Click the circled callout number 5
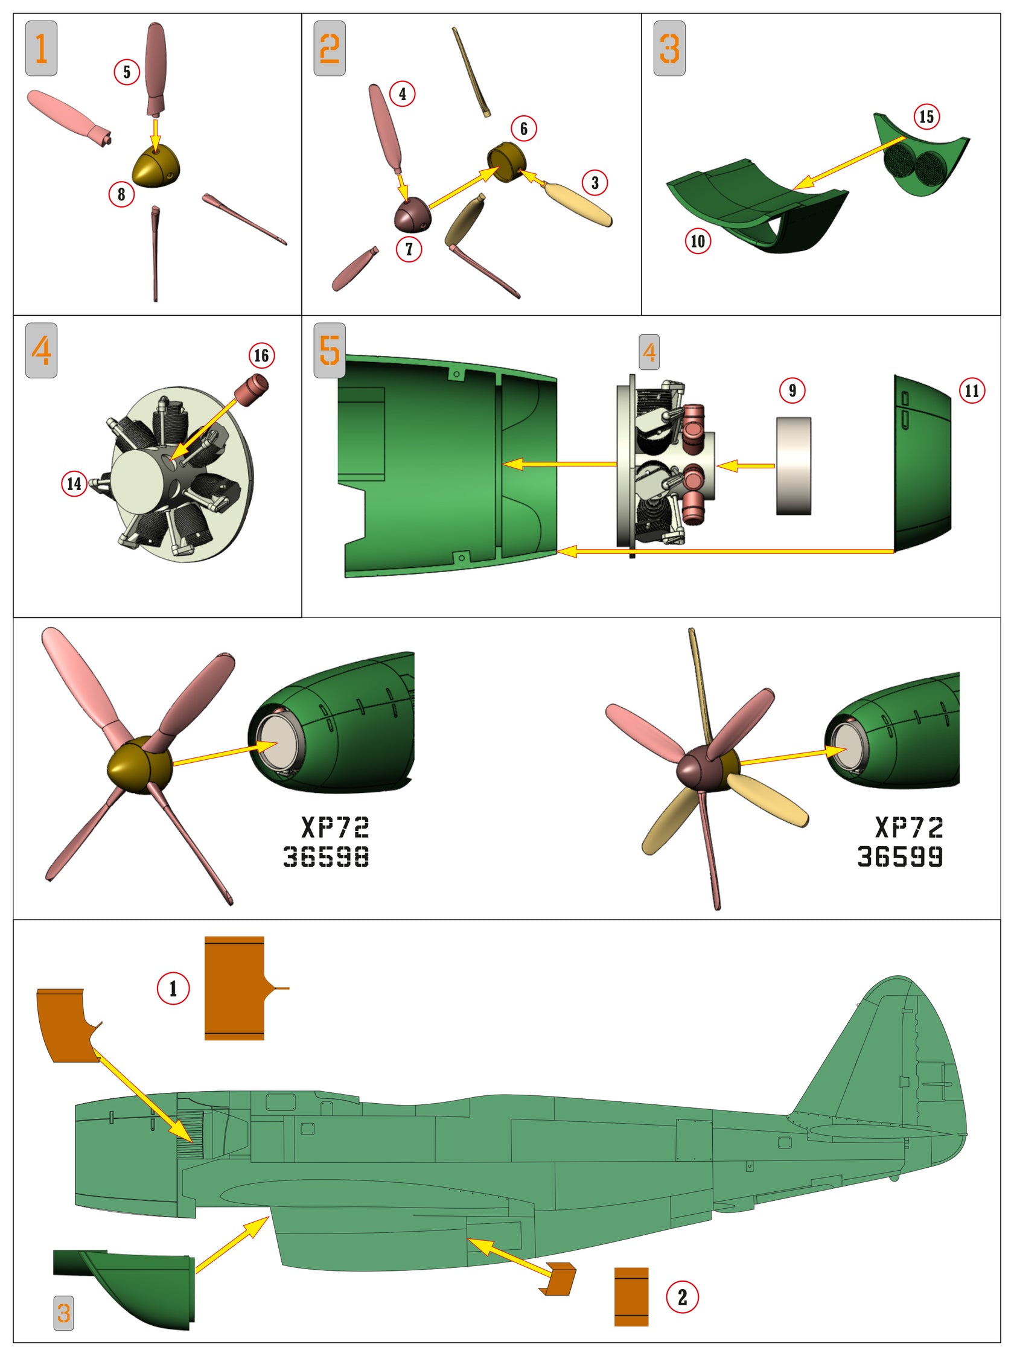127,72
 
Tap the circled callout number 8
121,194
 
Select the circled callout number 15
926,116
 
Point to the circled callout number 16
261,355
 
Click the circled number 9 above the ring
792,390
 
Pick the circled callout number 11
972,390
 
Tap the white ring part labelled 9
793,466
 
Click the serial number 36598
325,856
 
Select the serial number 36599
899,856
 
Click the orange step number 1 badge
41,48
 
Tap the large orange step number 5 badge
329,350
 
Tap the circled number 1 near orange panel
173,988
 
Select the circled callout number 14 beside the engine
74,483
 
